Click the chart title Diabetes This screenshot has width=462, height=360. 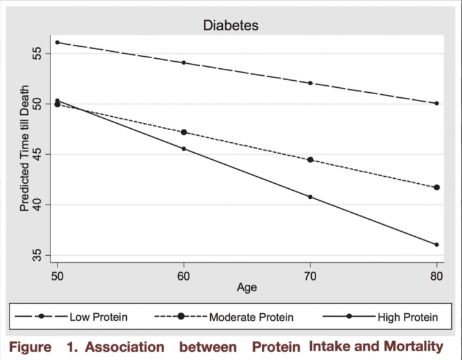[230, 25]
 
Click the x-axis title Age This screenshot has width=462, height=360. [246, 287]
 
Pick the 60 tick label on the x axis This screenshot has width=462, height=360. [184, 275]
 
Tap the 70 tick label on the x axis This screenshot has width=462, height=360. [310, 275]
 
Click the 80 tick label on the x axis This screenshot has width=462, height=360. [436, 275]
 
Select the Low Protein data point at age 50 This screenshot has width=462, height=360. [57, 42]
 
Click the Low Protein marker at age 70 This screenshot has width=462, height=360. [310, 83]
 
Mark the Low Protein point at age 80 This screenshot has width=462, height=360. [436, 103]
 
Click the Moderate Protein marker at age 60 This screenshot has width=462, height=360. [184, 132]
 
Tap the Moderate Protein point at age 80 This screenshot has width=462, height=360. [436, 188]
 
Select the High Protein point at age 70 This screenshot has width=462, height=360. [310, 196]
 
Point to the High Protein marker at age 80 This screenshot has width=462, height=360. [436, 244]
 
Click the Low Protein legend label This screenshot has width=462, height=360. [98, 317]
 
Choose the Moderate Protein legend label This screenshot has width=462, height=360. [251, 317]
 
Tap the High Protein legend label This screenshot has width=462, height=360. [407, 317]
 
